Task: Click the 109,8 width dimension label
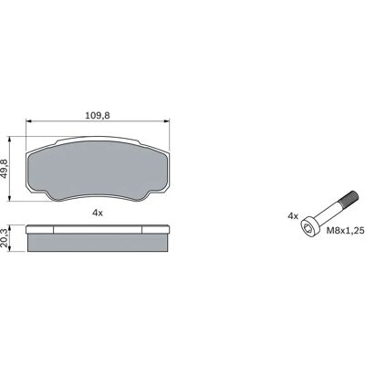click(x=98, y=115)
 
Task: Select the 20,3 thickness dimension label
click(x=5, y=238)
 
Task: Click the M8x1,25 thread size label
click(x=345, y=231)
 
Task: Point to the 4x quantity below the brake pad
click(x=98, y=214)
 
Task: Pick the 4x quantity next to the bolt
click(x=293, y=216)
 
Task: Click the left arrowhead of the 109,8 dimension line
click(x=29, y=121)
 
